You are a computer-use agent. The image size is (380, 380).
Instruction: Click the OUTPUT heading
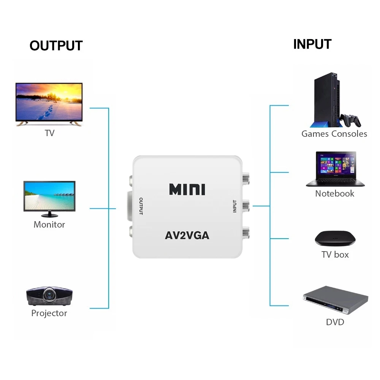[x=56, y=46]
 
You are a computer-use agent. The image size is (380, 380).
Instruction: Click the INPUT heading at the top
[x=312, y=44]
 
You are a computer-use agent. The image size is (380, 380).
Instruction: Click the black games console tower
[x=326, y=101]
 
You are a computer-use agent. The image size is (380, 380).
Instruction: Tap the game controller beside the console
[x=350, y=120]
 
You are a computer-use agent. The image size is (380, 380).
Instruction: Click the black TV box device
[x=335, y=239]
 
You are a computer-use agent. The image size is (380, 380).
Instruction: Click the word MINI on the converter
[x=187, y=189]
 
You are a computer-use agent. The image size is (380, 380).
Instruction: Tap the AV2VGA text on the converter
[x=187, y=235]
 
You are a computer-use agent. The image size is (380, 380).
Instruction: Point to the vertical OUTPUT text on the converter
[x=141, y=206]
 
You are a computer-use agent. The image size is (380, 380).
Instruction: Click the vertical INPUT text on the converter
[x=234, y=206]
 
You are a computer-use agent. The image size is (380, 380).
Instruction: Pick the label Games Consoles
[x=334, y=134]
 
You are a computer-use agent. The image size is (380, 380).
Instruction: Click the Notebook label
[x=334, y=193]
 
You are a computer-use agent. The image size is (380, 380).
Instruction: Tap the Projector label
[x=49, y=313]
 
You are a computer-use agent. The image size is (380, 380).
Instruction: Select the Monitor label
[x=49, y=225]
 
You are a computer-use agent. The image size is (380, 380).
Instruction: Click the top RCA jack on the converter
[x=245, y=177]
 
